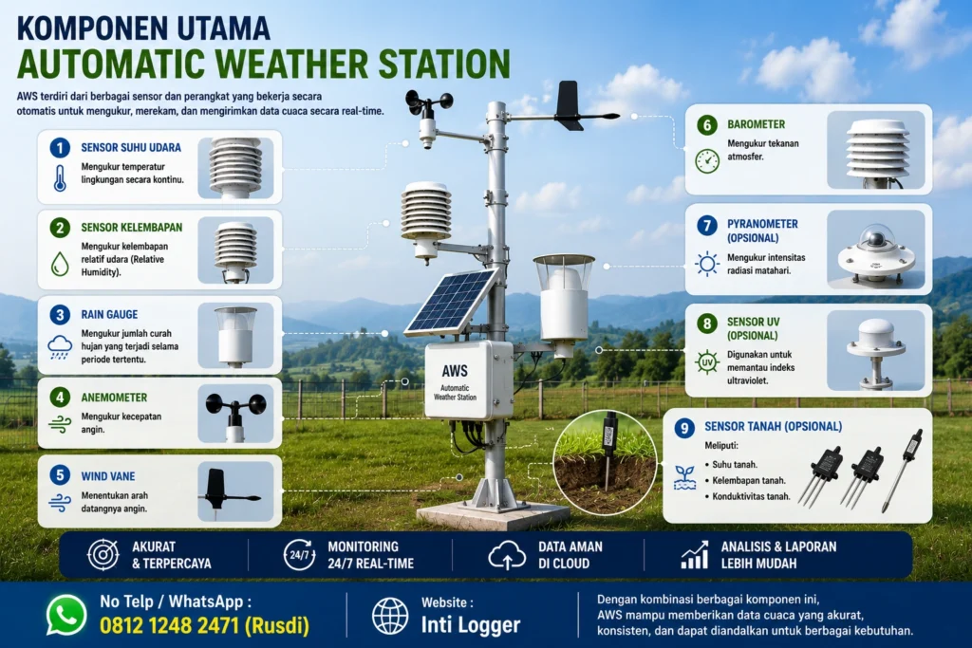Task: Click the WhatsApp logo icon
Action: pos(66,615)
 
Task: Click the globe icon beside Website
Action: pos(390,616)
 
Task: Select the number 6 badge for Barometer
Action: pos(707,125)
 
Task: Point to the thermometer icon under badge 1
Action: pos(60,177)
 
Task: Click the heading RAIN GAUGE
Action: pos(110,315)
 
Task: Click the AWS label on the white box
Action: pos(455,370)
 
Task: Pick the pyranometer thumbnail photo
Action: pos(875,250)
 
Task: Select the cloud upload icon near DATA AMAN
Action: pos(507,554)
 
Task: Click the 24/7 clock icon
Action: pos(299,554)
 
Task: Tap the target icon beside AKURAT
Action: pos(103,554)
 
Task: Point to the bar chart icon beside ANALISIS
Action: pos(694,554)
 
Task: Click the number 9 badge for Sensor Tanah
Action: pos(683,428)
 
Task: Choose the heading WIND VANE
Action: pos(108,476)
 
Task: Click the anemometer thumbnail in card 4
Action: pos(235,414)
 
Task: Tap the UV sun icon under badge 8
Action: pos(706,361)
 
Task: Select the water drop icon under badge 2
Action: pos(60,264)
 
